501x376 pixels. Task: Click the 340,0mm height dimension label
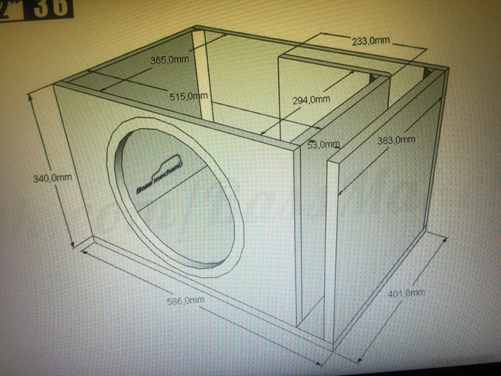click(x=52, y=178)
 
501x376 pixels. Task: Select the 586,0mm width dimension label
click(x=186, y=301)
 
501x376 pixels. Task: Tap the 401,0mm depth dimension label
click(x=406, y=293)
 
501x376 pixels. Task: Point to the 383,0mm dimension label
click(x=396, y=140)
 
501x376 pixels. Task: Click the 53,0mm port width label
click(x=324, y=144)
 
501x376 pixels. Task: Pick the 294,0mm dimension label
click(x=311, y=100)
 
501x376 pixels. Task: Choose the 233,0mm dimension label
click(x=371, y=41)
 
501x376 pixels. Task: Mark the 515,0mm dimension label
click(x=188, y=96)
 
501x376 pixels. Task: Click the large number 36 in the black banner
click(x=51, y=8)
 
